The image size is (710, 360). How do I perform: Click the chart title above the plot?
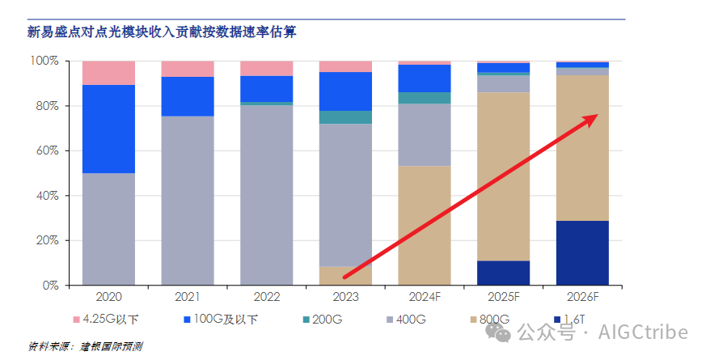(163, 32)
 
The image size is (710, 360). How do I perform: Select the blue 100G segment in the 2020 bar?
(108, 129)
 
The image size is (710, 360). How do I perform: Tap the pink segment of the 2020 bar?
(108, 72)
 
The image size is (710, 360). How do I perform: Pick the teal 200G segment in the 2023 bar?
(345, 117)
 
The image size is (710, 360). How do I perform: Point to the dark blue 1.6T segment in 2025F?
(503, 273)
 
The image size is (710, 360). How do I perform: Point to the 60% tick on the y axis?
(44, 151)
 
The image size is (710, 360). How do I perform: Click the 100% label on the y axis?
(42, 61)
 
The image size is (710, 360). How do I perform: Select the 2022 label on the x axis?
(266, 298)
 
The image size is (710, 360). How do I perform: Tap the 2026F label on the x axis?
(582, 298)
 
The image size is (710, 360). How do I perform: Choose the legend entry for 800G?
(492, 320)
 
